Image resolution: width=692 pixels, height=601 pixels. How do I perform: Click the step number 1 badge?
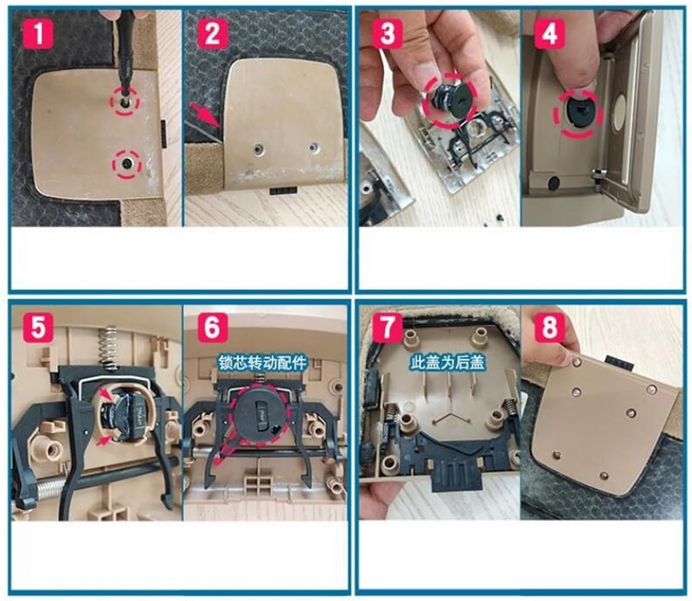38,33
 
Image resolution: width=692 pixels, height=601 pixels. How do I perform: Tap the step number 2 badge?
213,33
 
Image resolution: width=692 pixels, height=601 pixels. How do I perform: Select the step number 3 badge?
387,33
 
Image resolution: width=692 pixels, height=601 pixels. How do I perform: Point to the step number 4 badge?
549,33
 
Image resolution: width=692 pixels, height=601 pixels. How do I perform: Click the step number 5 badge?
38,328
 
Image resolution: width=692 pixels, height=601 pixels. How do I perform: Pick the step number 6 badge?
213,328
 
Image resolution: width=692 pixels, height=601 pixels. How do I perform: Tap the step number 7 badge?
387,328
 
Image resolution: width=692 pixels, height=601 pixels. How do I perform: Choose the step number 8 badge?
549,328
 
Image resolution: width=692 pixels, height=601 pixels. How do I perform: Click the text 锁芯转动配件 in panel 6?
263,362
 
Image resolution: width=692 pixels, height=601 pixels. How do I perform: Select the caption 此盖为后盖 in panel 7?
447,362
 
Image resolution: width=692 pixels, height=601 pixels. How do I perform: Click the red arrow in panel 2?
204,116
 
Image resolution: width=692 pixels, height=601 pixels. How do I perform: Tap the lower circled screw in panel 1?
126,163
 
